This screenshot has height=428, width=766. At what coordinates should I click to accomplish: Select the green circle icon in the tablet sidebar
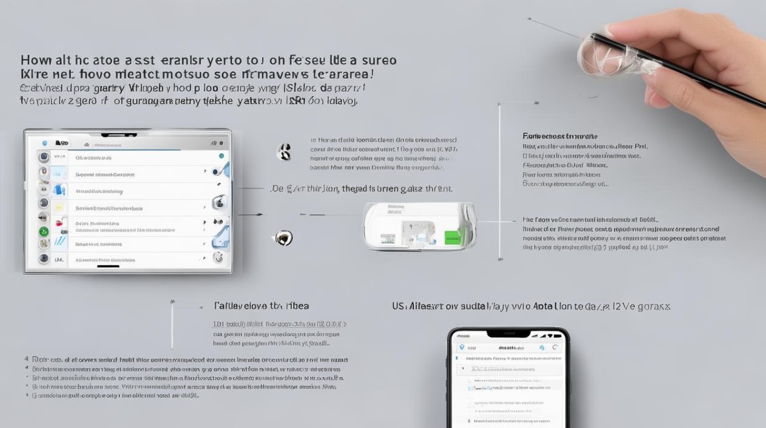pyautogui.click(x=43, y=232)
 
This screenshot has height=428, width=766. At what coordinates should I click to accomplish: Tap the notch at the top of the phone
pyautogui.click(x=508, y=334)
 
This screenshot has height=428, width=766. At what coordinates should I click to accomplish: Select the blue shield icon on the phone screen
pyautogui.click(x=462, y=348)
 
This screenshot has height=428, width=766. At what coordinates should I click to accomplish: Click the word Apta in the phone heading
pyautogui.click(x=544, y=306)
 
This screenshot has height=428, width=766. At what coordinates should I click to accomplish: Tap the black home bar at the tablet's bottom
pyautogui.click(x=108, y=266)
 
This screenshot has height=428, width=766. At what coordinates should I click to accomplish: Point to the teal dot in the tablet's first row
pyautogui.click(x=221, y=156)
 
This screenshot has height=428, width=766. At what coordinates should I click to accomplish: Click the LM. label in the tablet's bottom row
pyautogui.click(x=59, y=259)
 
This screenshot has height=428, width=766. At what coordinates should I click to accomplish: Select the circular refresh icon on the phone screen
pyautogui.click(x=555, y=348)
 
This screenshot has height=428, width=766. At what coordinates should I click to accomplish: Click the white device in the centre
pyautogui.click(x=419, y=227)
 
